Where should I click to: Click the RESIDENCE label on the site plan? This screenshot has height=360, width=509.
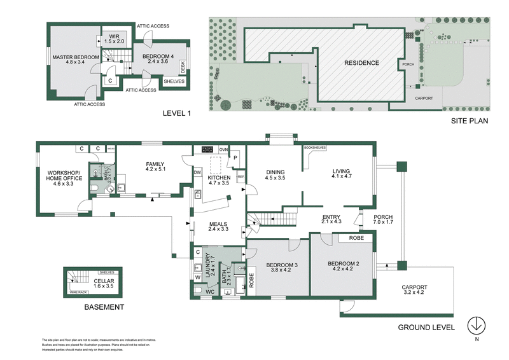pyautogui.click(x=361, y=63)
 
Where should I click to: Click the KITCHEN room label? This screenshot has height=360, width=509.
pyautogui.click(x=218, y=179)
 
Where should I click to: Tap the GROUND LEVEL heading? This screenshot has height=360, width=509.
pyautogui.click(x=426, y=328)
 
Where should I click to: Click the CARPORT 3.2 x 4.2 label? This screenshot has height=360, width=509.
pyautogui.click(x=414, y=290)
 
